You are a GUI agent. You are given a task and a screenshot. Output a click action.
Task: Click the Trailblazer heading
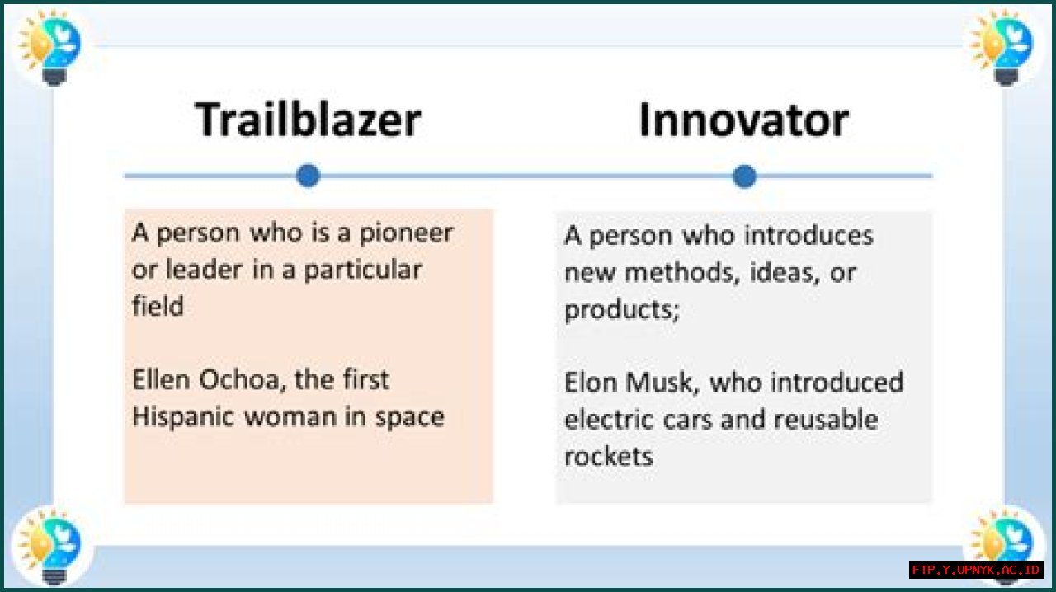[308, 120]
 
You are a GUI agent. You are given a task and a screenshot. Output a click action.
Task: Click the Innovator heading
[744, 120]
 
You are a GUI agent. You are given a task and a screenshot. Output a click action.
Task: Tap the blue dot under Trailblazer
[309, 176]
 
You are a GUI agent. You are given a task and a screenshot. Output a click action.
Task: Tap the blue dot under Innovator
[744, 176]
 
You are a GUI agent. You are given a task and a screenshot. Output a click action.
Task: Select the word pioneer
[407, 234]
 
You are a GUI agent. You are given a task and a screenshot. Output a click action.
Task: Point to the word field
[158, 305]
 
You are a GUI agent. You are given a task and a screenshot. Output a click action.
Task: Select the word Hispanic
[183, 417]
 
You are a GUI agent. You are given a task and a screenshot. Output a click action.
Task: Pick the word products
[622, 311]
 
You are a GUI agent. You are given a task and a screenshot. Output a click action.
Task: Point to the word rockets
[609, 457]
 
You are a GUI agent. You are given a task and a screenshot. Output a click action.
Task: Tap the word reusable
[826, 420]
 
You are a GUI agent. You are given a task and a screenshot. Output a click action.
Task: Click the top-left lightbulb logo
[50, 47]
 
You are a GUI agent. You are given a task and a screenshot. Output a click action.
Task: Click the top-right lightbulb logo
[1002, 47]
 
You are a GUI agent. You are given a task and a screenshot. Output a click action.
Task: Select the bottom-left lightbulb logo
[50, 547]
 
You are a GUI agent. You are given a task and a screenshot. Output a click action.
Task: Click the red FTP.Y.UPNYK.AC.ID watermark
[976, 570]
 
